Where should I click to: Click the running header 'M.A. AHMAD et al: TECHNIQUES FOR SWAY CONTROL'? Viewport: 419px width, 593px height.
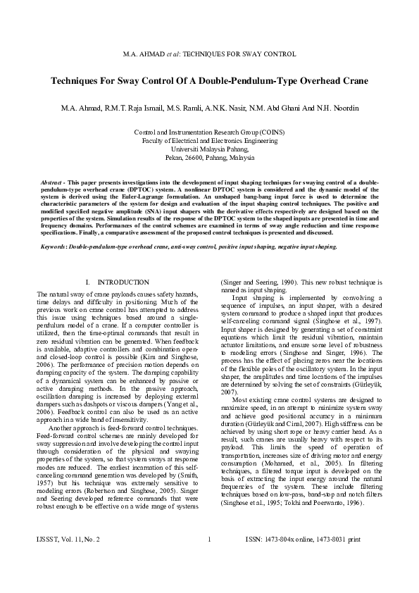[x=209, y=54]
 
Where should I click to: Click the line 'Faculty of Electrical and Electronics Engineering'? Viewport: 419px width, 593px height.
[x=209, y=140]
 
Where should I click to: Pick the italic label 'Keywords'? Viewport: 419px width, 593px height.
[x=56, y=246]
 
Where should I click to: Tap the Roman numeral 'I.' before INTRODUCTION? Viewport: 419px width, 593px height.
[x=87, y=282]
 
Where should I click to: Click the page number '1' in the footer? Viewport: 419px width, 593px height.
[x=209, y=559]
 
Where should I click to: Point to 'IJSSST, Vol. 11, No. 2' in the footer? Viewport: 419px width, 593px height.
[x=68, y=559]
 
